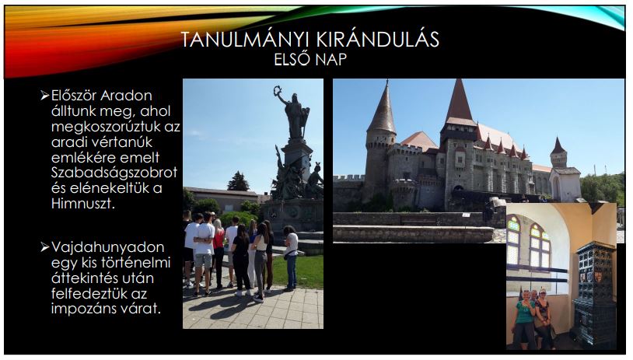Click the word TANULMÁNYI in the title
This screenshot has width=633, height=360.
click(245, 40)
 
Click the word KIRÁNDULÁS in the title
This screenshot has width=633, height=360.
click(378, 40)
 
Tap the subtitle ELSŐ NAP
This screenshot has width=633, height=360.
click(310, 59)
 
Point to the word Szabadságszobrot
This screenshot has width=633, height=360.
click(114, 173)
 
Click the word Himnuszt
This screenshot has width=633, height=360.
click(83, 203)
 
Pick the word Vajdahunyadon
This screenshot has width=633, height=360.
click(108, 247)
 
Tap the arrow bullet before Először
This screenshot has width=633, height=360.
click(44, 96)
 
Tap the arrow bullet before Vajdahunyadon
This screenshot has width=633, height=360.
click(44, 247)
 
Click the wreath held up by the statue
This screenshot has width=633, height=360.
click(277, 90)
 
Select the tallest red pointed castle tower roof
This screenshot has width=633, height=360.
click(459, 102)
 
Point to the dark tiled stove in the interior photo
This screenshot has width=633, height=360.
click(593, 292)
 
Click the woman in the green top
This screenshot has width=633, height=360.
click(523, 320)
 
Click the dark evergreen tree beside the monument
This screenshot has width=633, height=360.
click(238, 182)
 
